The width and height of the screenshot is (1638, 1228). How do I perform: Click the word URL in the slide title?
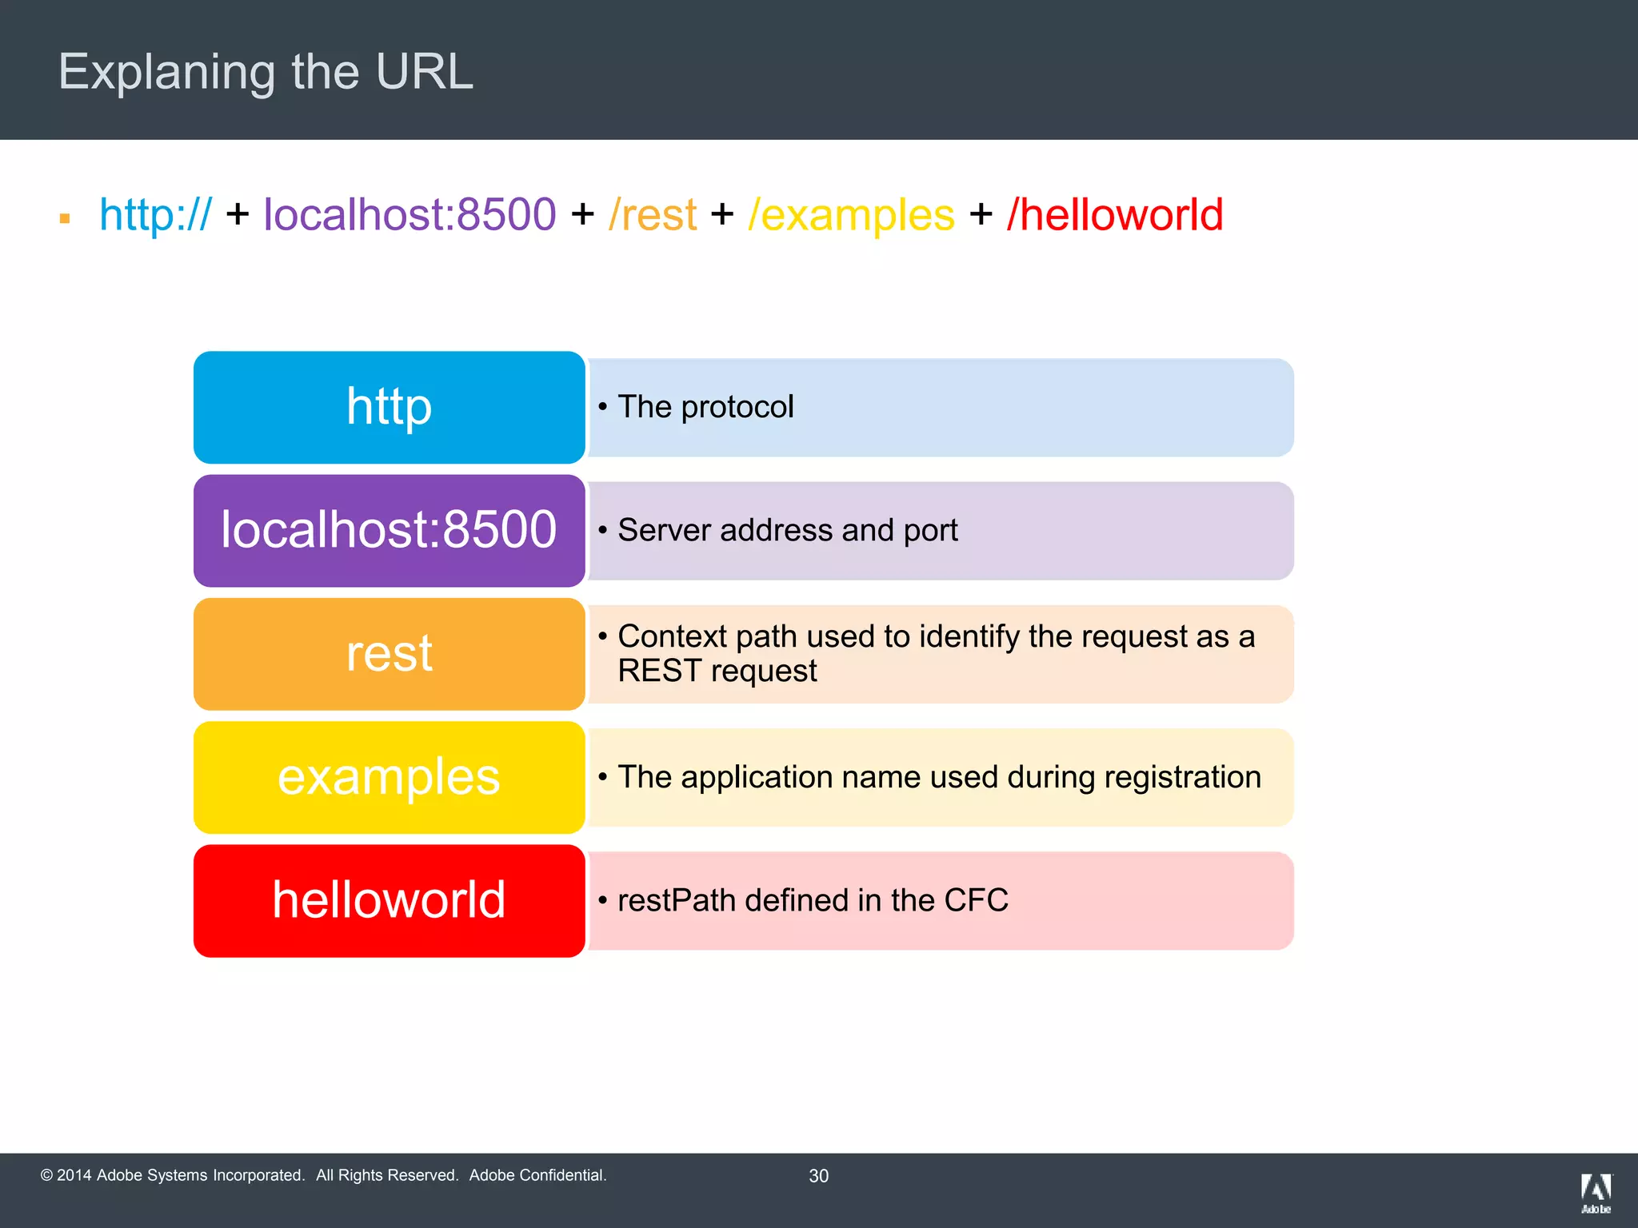424,72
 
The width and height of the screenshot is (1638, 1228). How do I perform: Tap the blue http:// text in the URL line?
155,215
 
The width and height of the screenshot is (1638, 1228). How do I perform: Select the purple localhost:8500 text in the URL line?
409,215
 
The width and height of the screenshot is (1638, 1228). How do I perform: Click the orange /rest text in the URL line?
653,215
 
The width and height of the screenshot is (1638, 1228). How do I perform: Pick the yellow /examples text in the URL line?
851,215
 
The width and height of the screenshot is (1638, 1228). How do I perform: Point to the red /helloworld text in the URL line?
1115,215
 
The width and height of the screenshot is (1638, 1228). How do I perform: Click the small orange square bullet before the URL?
65,218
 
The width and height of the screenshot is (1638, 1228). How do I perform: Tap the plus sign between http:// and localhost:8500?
238,215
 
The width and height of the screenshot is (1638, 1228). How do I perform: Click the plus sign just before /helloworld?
981,215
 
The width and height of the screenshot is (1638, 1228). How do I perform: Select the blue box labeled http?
389,407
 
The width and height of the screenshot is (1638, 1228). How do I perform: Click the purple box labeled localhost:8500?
389,530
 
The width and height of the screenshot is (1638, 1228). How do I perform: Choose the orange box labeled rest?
389,654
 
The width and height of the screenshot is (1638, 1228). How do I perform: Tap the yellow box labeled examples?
389,777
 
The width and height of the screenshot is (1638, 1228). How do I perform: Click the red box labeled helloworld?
389,900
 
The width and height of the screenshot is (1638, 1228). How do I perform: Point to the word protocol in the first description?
737,407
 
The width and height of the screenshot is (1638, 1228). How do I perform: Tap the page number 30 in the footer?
818,1176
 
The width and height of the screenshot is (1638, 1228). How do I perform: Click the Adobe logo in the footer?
1596,1192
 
